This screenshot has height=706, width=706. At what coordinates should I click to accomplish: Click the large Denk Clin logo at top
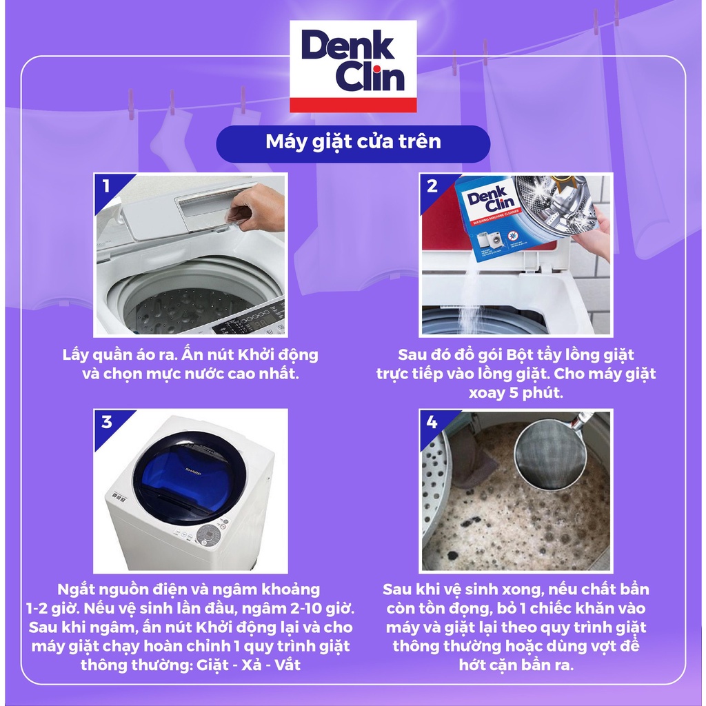pyautogui.click(x=353, y=66)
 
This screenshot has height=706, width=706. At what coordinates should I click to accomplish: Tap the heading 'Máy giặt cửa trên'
pyautogui.click(x=354, y=142)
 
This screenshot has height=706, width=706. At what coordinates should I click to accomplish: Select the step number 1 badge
pyautogui.click(x=106, y=185)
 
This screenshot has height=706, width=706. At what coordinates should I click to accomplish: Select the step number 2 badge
pyautogui.click(x=432, y=185)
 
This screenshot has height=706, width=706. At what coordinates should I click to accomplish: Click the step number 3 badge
pyautogui.click(x=107, y=422)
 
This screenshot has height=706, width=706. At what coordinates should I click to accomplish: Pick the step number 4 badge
pyautogui.click(x=432, y=422)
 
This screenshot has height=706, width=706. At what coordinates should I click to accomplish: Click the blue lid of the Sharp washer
pyautogui.click(x=189, y=478)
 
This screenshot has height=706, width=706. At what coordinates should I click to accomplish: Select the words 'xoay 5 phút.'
pyautogui.click(x=516, y=392)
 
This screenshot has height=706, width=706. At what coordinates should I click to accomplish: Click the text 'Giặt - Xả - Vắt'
pyautogui.click(x=248, y=665)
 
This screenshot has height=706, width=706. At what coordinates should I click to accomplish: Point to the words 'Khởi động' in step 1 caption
pyautogui.click(x=278, y=355)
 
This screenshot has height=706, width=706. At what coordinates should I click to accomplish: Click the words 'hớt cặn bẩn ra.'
pyautogui.click(x=516, y=665)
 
